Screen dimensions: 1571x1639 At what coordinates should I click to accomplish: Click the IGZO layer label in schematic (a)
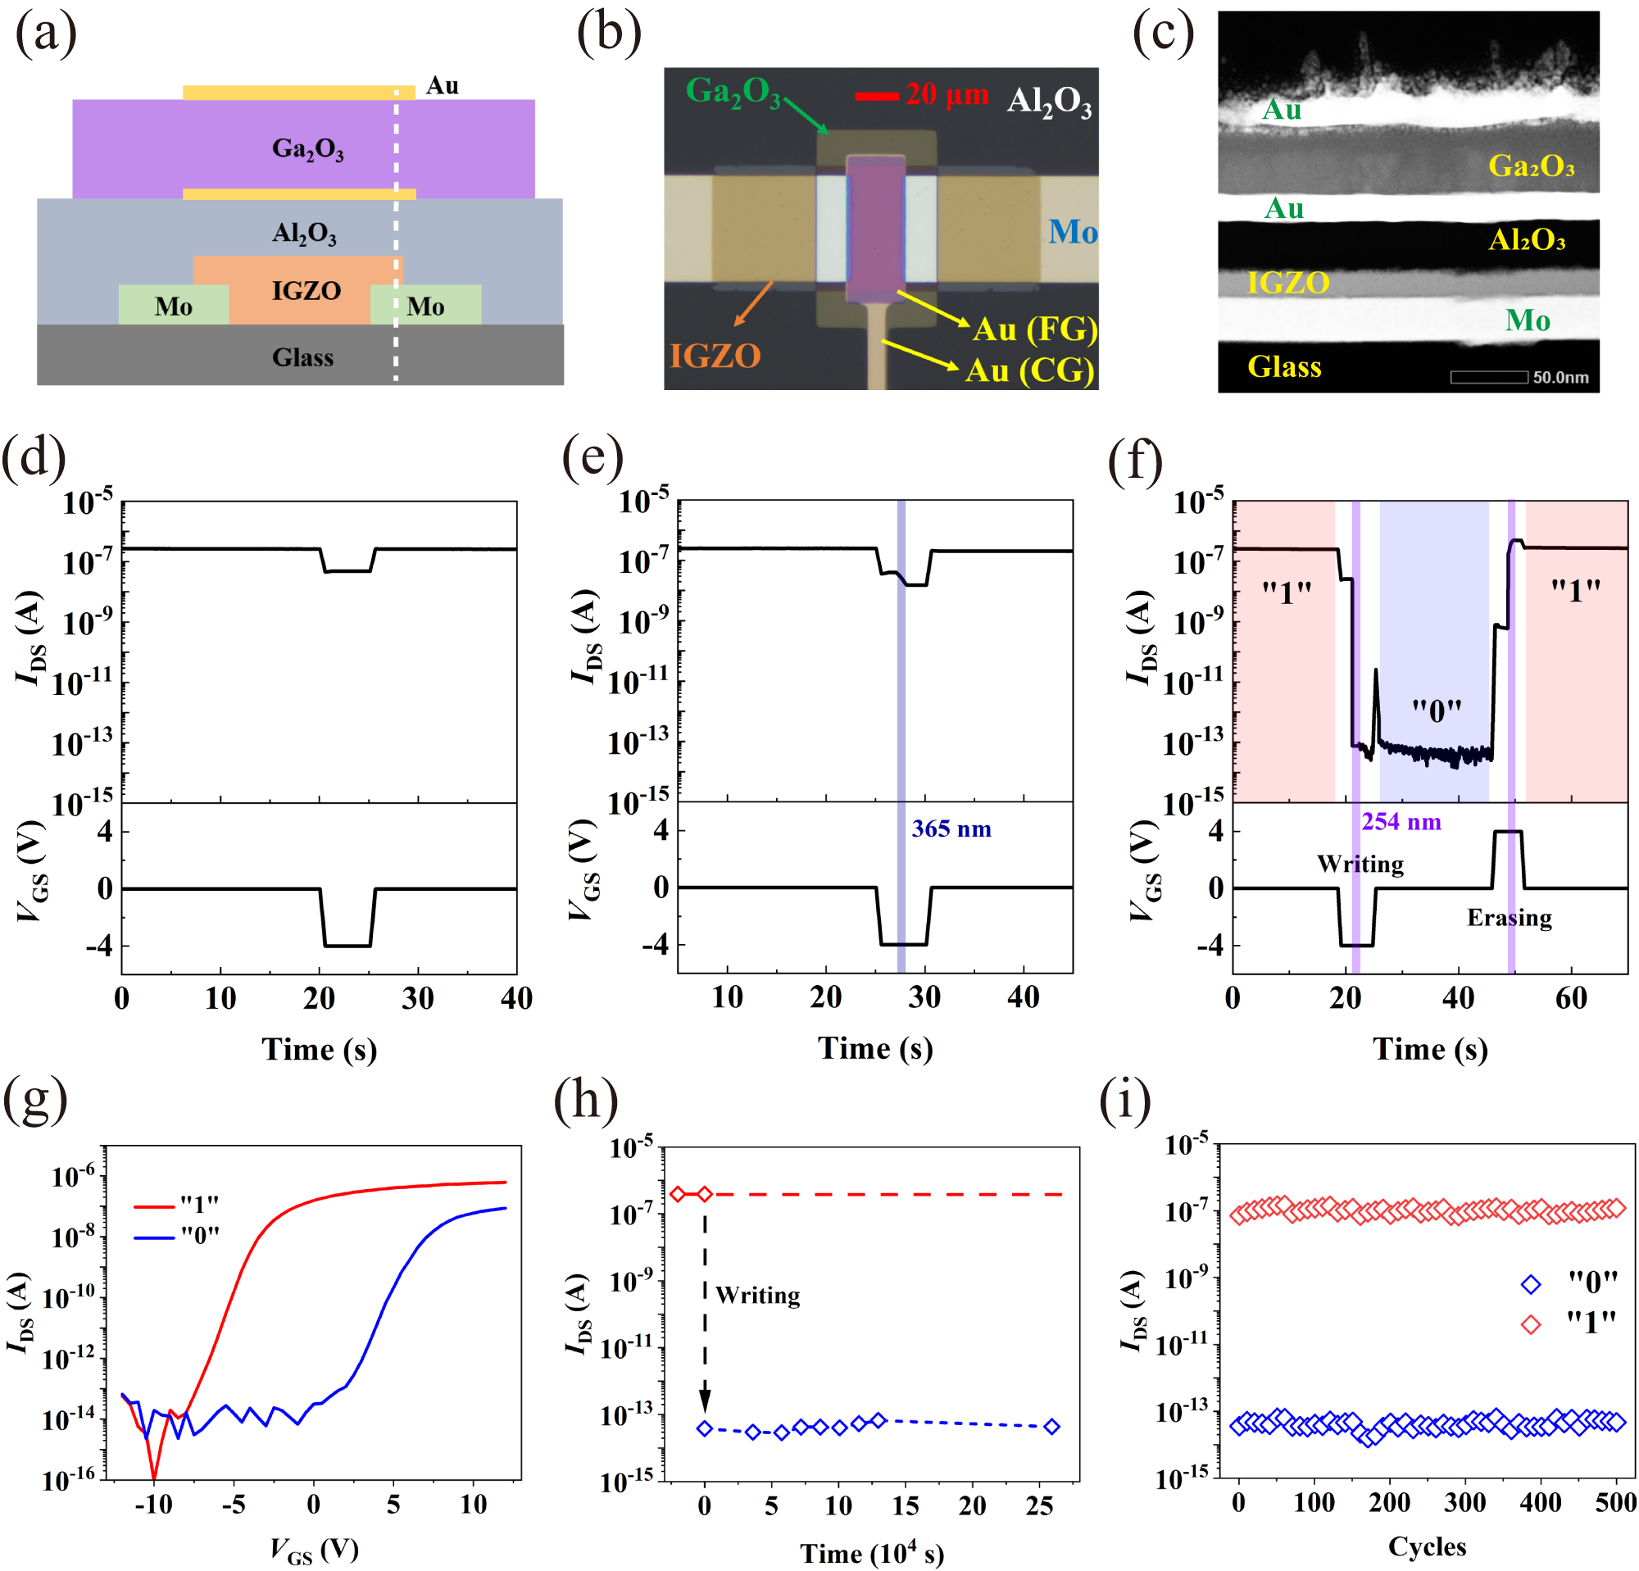tap(306, 291)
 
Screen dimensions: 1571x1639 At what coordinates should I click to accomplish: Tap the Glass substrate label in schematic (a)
tap(302, 358)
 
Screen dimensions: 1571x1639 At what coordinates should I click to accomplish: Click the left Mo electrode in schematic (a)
tap(173, 306)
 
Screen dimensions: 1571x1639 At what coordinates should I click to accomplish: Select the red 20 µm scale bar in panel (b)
tap(875, 96)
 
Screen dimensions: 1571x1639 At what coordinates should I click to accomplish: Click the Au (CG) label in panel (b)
tap(1029, 370)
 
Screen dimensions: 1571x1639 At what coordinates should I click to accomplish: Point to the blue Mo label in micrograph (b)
tap(1072, 232)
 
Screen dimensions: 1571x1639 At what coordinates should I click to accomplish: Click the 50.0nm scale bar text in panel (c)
tap(1560, 377)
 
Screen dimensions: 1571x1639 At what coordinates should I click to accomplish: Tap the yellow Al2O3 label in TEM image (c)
tap(1526, 241)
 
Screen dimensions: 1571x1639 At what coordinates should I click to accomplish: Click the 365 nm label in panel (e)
tap(951, 829)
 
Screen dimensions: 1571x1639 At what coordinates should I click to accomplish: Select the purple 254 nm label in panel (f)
tap(1401, 821)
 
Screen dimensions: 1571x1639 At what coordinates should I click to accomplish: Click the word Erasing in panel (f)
tap(1509, 917)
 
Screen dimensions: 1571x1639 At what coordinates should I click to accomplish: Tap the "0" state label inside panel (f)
tap(1437, 711)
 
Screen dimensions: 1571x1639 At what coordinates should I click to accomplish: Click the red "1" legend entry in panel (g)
tap(176, 1205)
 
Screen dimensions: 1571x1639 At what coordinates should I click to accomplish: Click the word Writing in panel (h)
tap(757, 1295)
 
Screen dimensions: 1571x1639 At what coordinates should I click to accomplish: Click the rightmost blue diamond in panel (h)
tap(1052, 1427)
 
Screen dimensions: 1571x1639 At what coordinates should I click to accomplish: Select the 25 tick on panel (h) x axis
tap(1038, 1505)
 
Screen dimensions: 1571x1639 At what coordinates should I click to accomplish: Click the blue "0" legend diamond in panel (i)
tap(1530, 1283)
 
